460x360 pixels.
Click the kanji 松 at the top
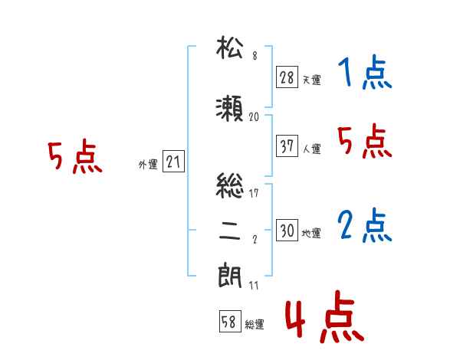coord(230,47)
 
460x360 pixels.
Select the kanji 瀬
coord(229,109)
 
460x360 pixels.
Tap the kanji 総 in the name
coord(230,185)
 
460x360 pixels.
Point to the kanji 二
coord(230,231)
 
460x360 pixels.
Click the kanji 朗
coord(230,276)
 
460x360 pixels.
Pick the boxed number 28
coord(287,77)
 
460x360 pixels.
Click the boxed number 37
coord(287,146)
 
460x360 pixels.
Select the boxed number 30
coord(287,230)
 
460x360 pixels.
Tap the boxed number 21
coord(173,162)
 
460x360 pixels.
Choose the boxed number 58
coord(230,321)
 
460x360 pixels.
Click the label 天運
coord(311,80)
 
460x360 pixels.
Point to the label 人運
coord(311,149)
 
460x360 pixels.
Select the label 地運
coord(311,233)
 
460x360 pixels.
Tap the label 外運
coord(148,164)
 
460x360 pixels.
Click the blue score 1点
coord(365,72)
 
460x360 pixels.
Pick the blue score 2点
coord(365,225)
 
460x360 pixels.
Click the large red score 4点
coord(325,316)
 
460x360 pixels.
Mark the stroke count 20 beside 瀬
coord(254,117)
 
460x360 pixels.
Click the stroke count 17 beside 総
coord(254,193)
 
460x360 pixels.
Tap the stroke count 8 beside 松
coord(255,56)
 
